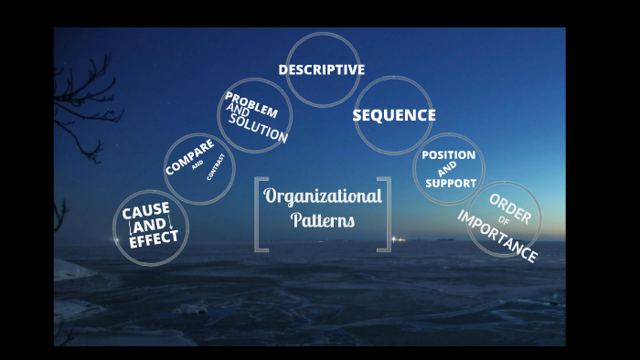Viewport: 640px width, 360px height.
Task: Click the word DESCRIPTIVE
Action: pyautogui.click(x=322, y=69)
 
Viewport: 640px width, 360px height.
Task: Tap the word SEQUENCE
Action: pyautogui.click(x=394, y=115)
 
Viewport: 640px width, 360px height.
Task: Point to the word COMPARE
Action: pyautogui.click(x=189, y=157)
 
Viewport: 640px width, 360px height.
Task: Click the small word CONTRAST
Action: pyautogui.click(x=215, y=168)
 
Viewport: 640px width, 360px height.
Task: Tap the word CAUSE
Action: pyautogui.click(x=146, y=210)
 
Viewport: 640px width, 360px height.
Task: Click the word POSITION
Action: pyautogui.click(x=448, y=154)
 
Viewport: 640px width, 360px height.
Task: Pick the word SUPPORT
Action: pyautogui.click(x=451, y=183)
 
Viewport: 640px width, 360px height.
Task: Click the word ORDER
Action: pyautogui.click(x=510, y=209)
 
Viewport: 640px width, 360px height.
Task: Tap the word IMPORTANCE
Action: pyautogui.click(x=496, y=237)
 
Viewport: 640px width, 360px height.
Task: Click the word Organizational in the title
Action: pyautogui.click(x=323, y=196)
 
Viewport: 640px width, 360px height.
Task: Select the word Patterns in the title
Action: pyautogui.click(x=323, y=220)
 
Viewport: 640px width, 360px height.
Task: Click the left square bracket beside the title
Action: pyautogui.click(x=261, y=214)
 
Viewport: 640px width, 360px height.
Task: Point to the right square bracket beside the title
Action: pyautogui.click(x=385, y=214)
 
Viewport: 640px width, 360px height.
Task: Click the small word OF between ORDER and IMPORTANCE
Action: pyautogui.click(x=504, y=222)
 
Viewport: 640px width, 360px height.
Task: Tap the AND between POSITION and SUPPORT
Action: pyautogui.click(x=447, y=169)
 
